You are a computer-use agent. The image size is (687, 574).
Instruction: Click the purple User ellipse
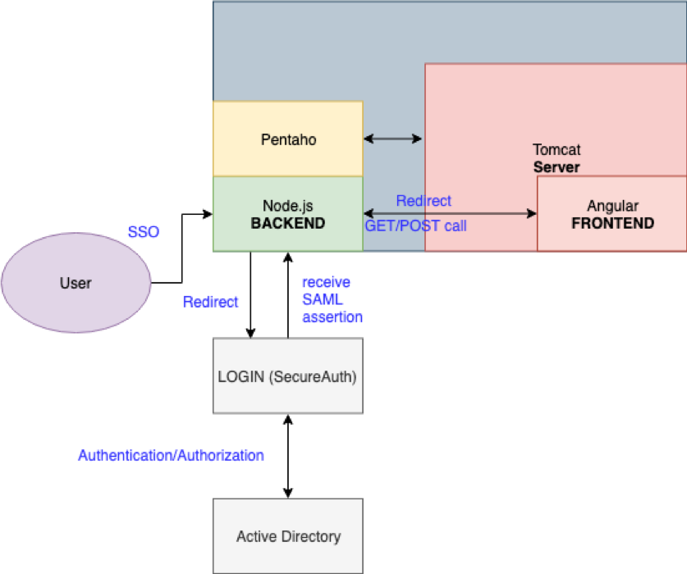[76, 284]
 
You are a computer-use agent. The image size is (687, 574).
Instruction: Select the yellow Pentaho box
[287, 139]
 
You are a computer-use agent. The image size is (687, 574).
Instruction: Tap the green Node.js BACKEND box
[287, 214]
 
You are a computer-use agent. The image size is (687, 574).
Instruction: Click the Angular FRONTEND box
[612, 214]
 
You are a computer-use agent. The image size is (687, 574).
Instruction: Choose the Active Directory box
[287, 536]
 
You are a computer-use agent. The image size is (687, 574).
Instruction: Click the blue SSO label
[143, 232]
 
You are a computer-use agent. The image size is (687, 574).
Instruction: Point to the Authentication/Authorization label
[171, 455]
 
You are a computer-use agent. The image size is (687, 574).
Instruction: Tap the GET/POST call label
[415, 225]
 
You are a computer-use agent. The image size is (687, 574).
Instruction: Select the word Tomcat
[556, 151]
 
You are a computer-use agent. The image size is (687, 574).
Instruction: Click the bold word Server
[556, 167]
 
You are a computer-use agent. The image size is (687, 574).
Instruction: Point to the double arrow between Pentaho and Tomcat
[393, 139]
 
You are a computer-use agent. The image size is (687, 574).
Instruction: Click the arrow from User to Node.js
[181, 246]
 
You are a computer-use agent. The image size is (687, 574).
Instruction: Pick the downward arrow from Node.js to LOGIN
[251, 295]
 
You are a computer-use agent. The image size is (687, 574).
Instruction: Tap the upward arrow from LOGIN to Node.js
[287, 295]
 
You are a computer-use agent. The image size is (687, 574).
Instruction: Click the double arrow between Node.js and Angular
[450, 213]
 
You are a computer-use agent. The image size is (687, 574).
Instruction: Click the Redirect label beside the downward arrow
[210, 302]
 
